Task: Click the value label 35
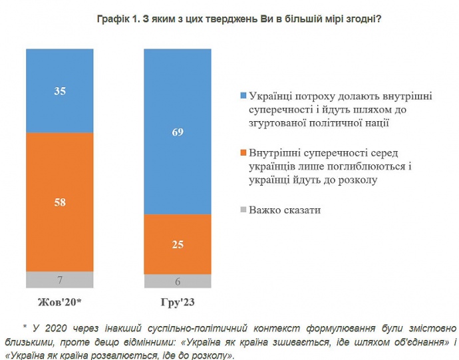59,91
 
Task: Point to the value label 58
59,202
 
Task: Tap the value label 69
178,132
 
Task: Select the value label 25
178,244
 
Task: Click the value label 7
59,279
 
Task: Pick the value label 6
178,281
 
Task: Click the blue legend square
243,97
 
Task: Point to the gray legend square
243,211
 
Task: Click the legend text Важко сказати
285,211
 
